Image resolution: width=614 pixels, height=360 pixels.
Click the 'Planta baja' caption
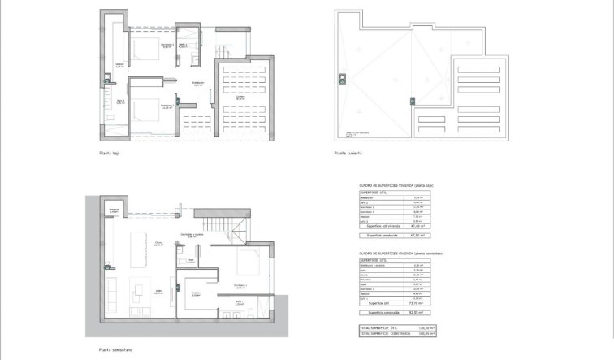coord(110,153)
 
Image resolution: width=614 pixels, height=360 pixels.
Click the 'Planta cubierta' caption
coord(347,153)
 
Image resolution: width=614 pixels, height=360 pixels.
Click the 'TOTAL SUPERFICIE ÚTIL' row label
coord(384,327)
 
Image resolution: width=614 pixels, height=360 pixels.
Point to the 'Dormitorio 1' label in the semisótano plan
coord(240,285)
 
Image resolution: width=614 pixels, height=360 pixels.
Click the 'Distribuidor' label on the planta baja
coord(197,83)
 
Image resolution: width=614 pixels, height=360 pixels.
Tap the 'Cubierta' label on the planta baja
coord(241,98)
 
